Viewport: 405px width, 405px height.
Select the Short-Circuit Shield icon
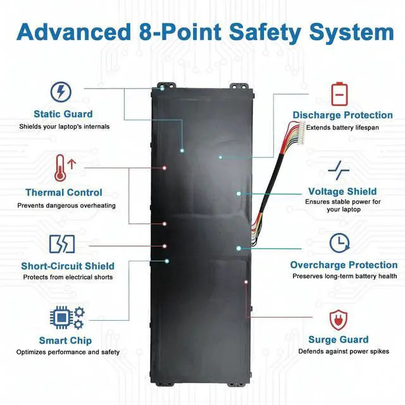coord(61,244)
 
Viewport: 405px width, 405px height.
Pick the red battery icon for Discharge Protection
coord(340,93)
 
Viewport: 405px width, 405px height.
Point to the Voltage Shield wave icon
coord(339,169)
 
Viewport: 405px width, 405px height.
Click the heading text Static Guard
coord(63,115)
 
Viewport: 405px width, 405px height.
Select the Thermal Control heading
coord(63,192)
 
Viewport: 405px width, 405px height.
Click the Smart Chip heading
coord(65,341)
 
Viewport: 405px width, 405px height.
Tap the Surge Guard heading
coord(338,340)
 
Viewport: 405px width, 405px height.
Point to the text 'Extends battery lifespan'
coord(342,127)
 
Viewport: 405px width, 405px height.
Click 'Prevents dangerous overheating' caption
coord(66,205)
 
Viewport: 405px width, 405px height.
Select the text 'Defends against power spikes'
coord(344,352)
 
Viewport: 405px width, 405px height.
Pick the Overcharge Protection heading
coord(344,265)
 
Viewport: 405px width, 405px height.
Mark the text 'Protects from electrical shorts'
coord(68,278)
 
